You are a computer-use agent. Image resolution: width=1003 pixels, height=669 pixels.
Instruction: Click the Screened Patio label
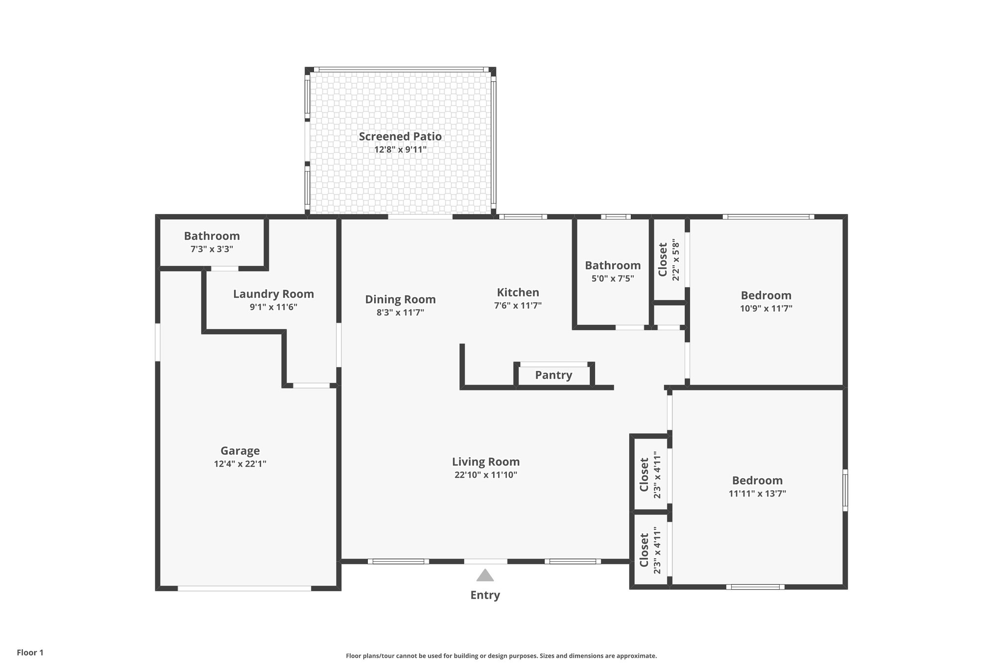click(400, 137)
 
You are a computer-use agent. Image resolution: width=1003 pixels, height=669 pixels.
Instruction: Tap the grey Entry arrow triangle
click(485, 575)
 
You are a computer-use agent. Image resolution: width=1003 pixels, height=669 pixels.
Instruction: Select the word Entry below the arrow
click(485, 595)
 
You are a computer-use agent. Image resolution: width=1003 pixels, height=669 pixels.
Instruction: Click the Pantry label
click(553, 375)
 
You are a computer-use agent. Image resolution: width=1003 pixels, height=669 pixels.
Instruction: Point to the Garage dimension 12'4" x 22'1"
click(240, 464)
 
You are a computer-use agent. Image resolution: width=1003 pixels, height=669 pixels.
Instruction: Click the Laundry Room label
click(273, 294)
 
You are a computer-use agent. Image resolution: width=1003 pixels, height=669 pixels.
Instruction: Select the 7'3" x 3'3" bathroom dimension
click(212, 249)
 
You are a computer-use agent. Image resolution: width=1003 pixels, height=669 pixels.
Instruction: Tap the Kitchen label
click(518, 293)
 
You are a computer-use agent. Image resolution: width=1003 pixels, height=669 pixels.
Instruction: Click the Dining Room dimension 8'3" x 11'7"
click(400, 312)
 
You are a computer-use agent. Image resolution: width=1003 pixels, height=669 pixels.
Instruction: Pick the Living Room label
click(485, 462)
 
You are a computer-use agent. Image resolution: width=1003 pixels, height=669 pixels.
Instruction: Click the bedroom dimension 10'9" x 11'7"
click(766, 308)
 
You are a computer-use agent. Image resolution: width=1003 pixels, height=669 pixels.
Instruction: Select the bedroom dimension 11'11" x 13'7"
click(757, 494)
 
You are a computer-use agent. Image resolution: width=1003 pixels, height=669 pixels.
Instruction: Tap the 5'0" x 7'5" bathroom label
click(613, 266)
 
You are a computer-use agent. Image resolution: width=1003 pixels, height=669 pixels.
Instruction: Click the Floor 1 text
click(30, 652)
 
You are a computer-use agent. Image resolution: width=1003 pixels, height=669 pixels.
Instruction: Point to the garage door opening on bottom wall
click(244, 588)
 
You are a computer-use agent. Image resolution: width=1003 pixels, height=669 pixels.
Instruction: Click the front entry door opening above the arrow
click(485, 561)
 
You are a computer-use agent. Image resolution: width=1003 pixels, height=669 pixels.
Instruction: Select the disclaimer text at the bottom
click(501, 656)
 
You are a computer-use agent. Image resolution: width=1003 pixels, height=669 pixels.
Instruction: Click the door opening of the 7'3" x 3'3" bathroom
click(224, 269)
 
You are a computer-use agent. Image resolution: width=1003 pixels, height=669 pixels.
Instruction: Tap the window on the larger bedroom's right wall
click(845, 490)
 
